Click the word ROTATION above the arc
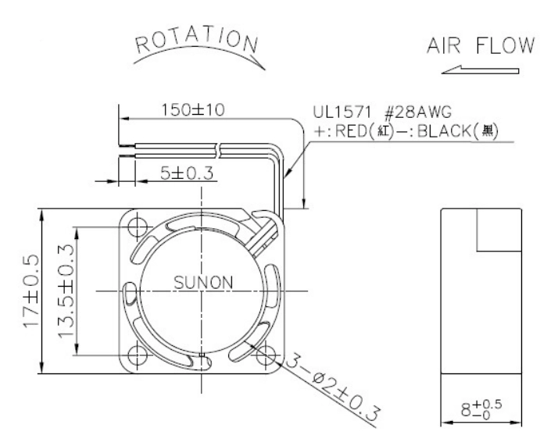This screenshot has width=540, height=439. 197,41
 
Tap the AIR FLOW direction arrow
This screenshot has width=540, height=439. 480,70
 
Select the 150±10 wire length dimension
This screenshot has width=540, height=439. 193,110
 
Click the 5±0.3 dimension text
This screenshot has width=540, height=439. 187,173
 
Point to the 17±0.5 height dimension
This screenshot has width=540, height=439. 32,291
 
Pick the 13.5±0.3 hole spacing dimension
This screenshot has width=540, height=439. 66,291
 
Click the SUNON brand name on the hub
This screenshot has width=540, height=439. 203,283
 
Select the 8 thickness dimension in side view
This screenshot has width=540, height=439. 481,409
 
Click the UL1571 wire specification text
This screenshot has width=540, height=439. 342,112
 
